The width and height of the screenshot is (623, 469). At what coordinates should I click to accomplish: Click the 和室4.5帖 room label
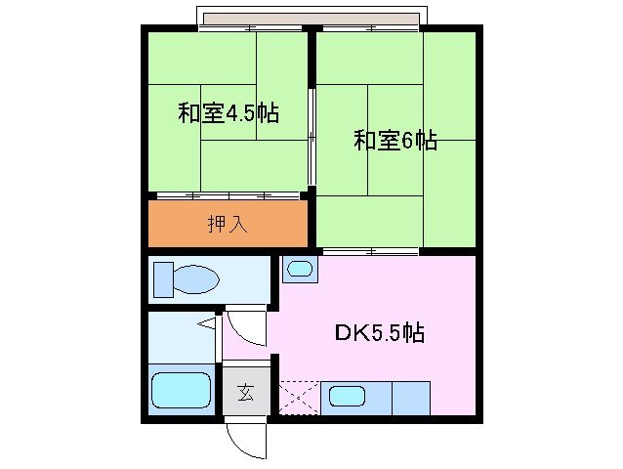click(x=228, y=113)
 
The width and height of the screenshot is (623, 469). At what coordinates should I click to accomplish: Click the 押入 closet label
click(x=228, y=224)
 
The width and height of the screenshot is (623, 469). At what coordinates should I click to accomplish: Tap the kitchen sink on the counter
click(x=346, y=397)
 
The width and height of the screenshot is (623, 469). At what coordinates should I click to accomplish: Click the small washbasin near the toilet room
click(x=300, y=269)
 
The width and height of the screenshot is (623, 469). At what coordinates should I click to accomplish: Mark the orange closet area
click(x=228, y=224)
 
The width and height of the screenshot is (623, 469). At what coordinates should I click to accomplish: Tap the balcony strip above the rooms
click(x=311, y=19)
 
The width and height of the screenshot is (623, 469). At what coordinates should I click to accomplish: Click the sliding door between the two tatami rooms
click(x=311, y=137)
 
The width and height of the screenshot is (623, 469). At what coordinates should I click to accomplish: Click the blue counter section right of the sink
click(x=412, y=397)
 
